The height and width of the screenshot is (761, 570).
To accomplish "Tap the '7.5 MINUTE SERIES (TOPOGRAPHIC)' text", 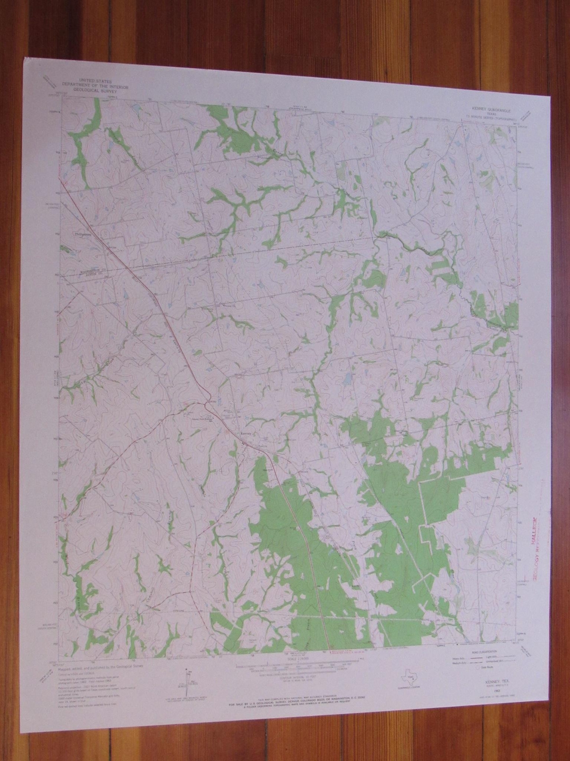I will pyautogui.click(x=491, y=116).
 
